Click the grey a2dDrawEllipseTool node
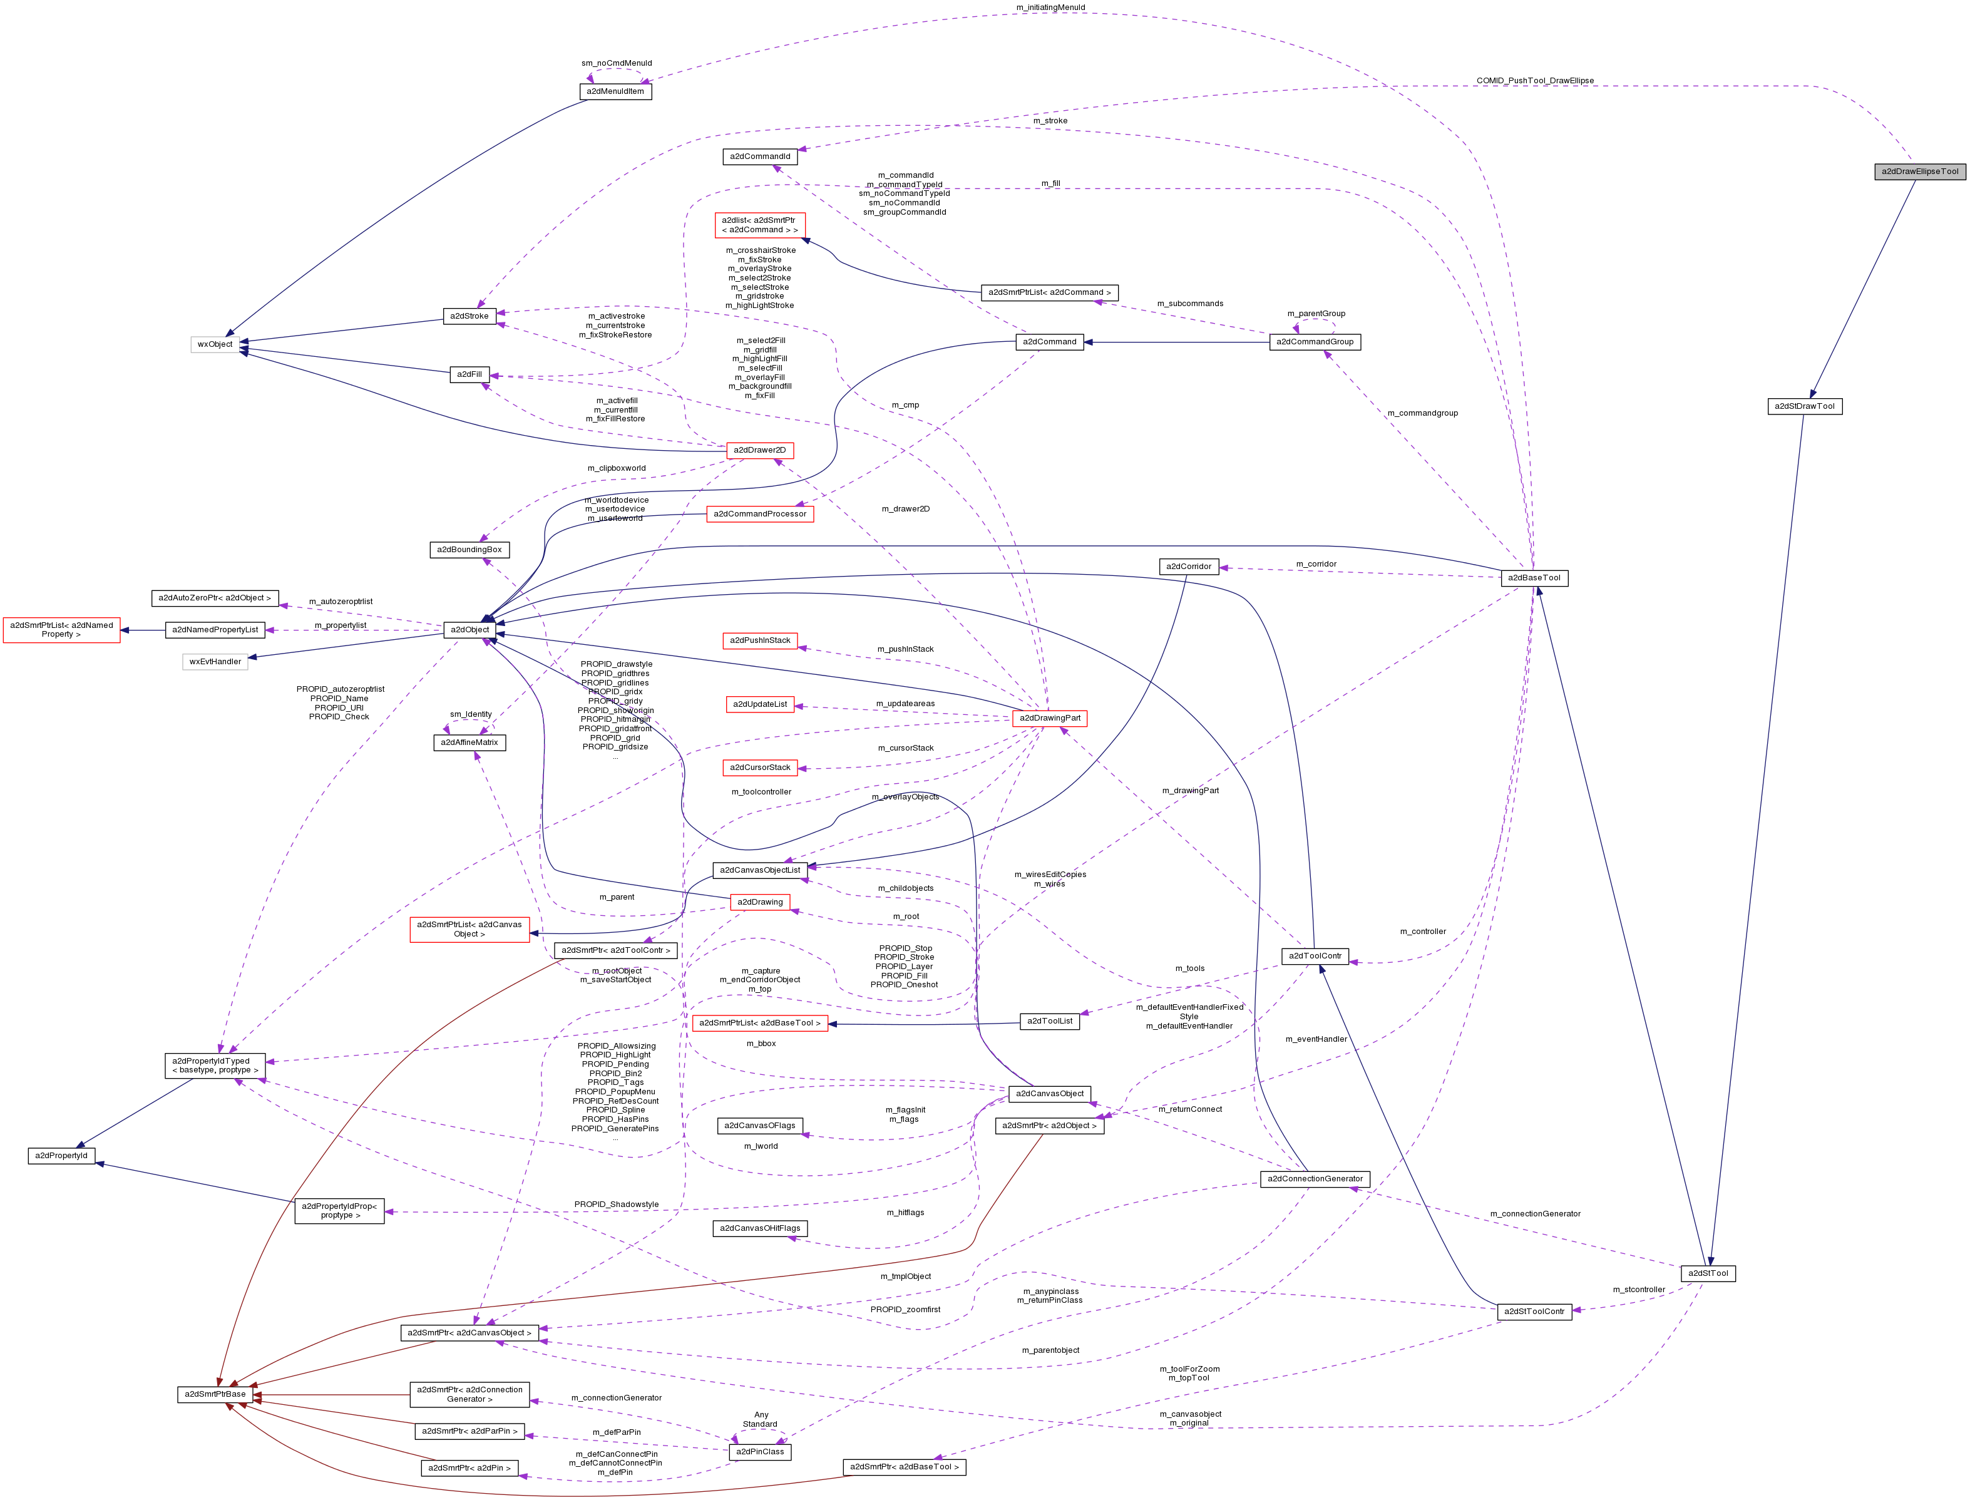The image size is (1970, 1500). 1919,172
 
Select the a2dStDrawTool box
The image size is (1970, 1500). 1804,406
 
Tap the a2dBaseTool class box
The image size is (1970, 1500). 1534,578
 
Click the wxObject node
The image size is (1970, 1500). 215,344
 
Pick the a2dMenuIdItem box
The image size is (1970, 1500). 616,92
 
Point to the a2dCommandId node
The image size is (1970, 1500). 759,157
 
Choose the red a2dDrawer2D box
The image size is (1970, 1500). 759,450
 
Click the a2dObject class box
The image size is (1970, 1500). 469,629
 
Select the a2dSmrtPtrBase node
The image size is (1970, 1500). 214,1394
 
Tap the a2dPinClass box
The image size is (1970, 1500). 759,1452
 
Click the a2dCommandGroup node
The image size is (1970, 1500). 1314,342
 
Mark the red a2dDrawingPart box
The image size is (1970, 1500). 1050,718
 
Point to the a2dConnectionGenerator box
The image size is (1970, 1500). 1315,1179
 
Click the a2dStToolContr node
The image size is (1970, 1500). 1534,1312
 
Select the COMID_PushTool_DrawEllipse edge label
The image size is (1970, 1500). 1534,80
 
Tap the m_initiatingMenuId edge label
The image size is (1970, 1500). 1050,7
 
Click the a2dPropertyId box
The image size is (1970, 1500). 61,1155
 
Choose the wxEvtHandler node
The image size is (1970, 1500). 215,662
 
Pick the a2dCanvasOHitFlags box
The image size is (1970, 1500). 759,1228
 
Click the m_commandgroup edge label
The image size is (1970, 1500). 1422,413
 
